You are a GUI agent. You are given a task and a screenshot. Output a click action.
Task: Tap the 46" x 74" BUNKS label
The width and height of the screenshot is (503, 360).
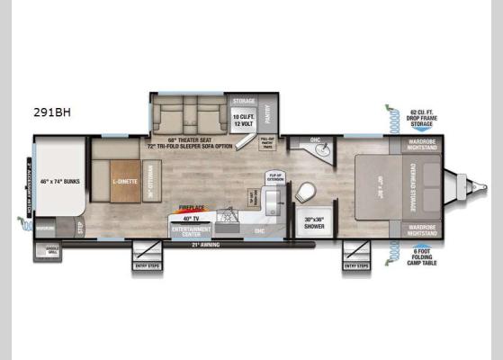(59, 182)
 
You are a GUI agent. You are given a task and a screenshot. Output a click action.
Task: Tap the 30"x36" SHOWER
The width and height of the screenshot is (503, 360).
(313, 222)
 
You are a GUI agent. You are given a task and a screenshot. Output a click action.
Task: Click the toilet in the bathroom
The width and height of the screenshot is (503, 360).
(307, 192)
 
